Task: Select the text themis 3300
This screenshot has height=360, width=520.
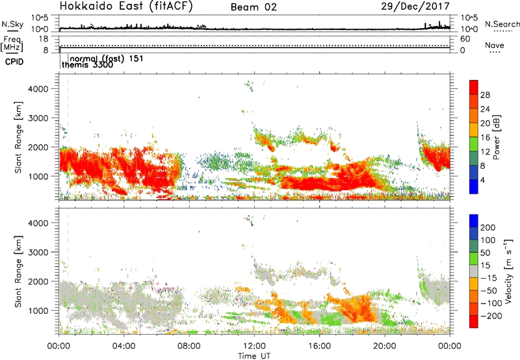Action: point(83,65)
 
